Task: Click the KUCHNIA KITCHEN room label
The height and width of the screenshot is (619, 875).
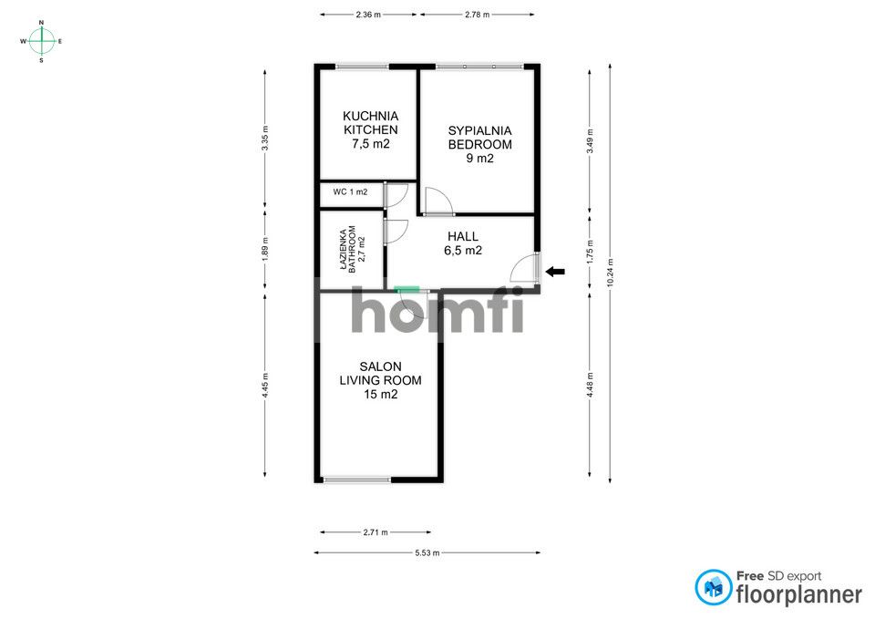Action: pos(370,129)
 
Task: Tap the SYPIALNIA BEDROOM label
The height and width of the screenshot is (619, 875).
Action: pos(479,144)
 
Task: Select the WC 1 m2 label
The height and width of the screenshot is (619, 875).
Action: pos(350,192)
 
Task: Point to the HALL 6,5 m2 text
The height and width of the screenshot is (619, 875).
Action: pos(463,243)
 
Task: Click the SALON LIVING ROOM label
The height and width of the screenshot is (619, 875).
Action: pos(380,380)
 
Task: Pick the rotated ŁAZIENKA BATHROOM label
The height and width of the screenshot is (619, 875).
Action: pos(352,250)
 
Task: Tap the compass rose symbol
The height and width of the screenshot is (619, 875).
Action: pos(41,41)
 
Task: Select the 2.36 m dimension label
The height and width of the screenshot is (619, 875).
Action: pos(368,15)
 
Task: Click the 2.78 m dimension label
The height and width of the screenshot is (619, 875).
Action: pos(477,15)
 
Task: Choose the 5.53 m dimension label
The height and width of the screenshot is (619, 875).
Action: pos(427,552)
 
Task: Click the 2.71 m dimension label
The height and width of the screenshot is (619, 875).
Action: pos(375,532)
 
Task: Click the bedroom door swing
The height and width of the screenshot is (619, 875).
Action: pos(437,201)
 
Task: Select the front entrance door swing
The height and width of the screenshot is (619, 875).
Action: pos(526,268)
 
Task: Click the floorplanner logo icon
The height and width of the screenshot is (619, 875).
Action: pos(713,588)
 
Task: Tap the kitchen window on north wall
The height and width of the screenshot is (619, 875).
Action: pos(361,66)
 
